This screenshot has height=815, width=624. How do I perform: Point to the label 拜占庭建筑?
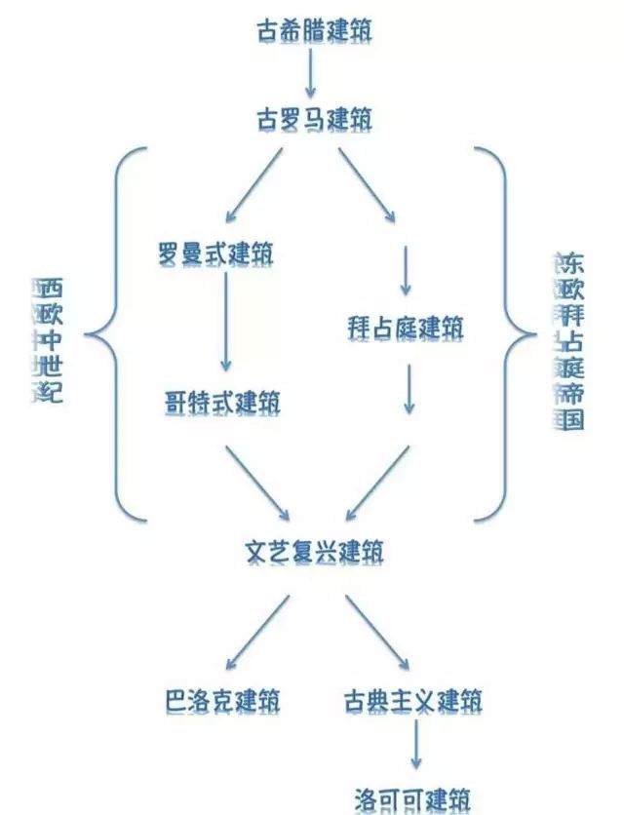point(405,328)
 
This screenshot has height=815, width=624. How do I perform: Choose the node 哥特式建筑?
point(223,402)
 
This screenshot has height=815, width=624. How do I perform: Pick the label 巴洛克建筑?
point(223,700)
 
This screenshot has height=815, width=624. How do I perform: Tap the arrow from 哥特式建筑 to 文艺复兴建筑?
point(257,482)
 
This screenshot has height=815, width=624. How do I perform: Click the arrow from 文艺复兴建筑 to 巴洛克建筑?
point(257,631)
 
